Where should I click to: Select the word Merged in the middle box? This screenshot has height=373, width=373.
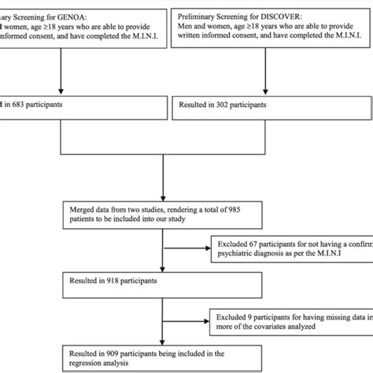[x=85, y=208]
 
